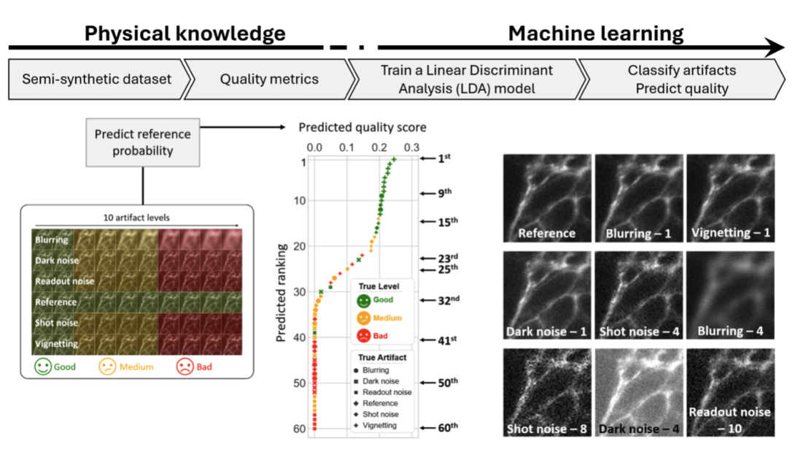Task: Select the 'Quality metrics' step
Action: click(269, 80)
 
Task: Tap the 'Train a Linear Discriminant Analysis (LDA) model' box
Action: click(467, 80)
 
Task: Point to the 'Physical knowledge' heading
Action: click(185, 34)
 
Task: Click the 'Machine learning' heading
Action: click(596, 34)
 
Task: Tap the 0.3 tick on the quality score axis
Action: click(413, 147)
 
